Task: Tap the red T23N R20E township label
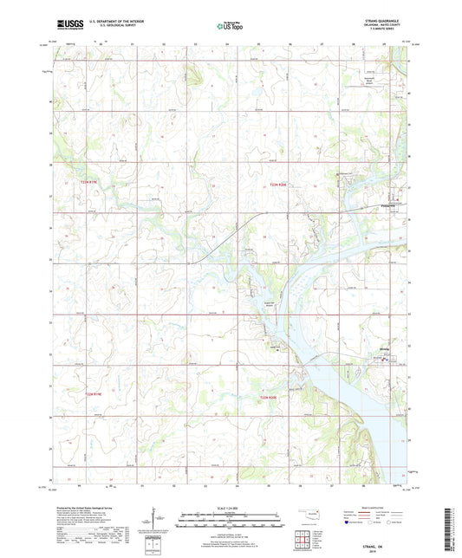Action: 277,185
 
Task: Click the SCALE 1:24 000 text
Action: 231,508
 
